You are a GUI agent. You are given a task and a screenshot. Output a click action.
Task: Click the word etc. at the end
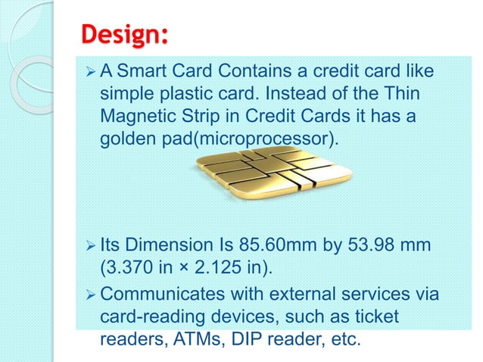click(341, 341)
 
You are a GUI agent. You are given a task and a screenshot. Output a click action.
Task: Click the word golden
click(129, 141)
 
